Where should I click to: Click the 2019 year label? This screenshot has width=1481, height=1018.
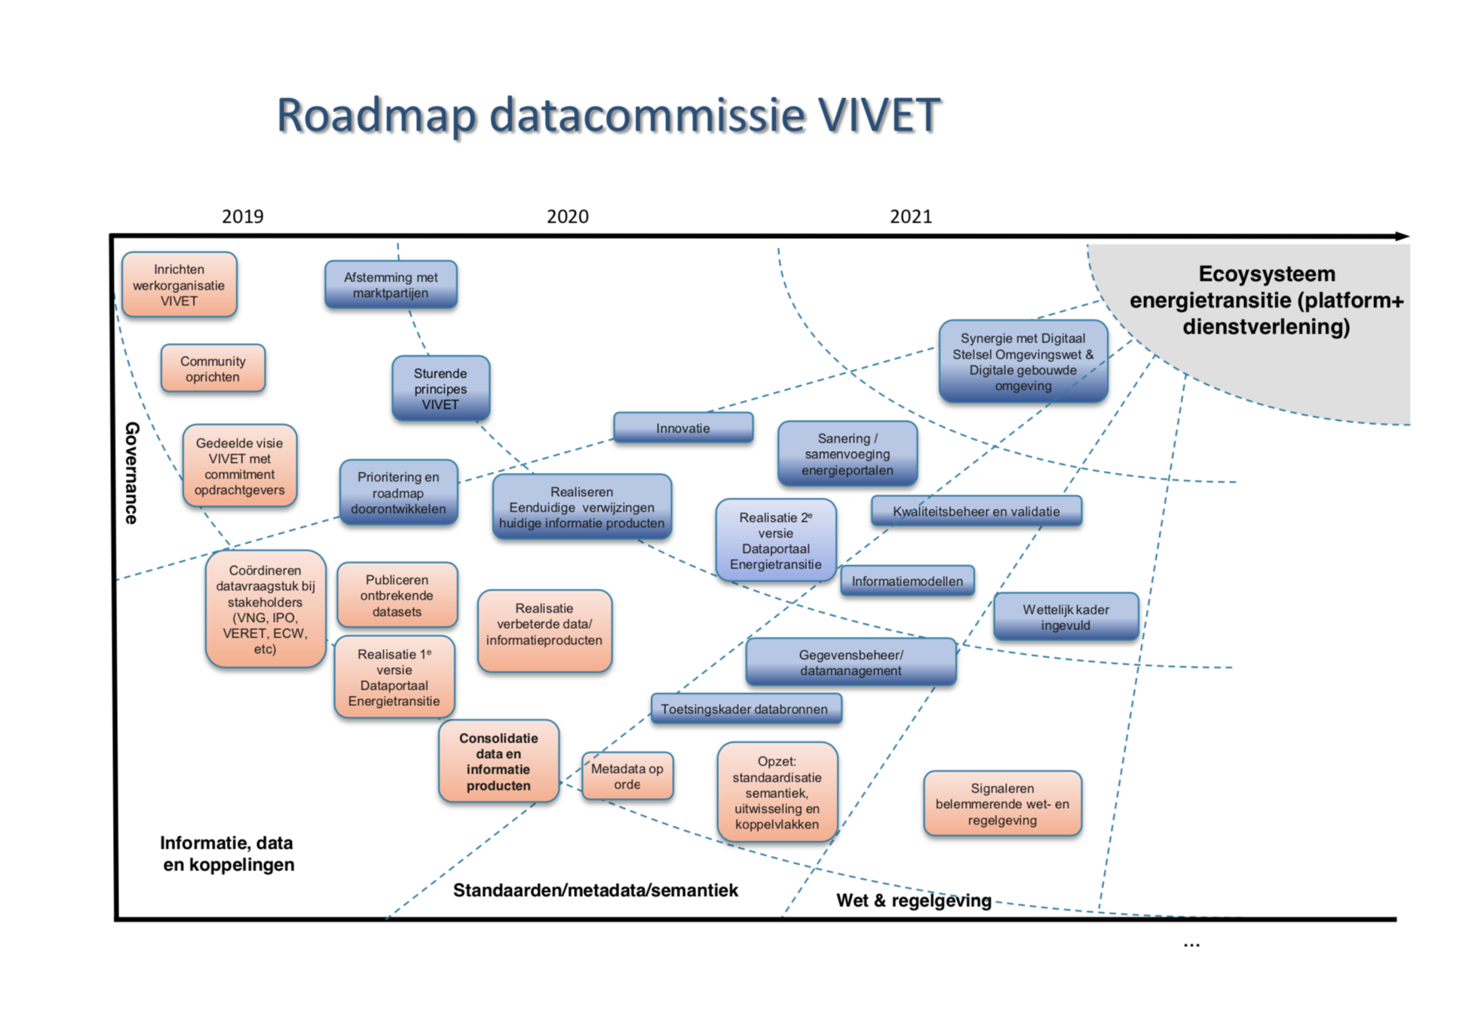click(x=242, y=216)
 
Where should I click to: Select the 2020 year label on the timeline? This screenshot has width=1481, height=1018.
click(x=567, y=216)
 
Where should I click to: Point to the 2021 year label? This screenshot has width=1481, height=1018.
click(x=910, y=216)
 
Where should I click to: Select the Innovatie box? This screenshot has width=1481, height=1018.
click(x=682, y=428)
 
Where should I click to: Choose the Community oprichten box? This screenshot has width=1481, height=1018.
click(x=213, y=369)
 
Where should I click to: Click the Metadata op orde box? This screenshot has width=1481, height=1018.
click(x=627, y=776)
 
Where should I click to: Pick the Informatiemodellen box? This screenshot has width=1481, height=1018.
click(x=906, y=581)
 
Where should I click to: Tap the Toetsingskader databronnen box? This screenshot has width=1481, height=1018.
click(x=745, y=709)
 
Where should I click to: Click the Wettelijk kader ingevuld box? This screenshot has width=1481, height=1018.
click(x=1065, y=617)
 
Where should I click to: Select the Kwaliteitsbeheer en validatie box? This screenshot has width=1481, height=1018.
click(x=976, y=511)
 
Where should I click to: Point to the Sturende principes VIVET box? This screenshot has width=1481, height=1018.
click(x=440, y=388)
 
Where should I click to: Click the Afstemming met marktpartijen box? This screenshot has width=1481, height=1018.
click(x=391, y=285)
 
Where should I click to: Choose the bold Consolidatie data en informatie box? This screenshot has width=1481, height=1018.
click(x=498, y=762)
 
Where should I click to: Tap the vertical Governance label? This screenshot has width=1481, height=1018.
click(x=132, y=473)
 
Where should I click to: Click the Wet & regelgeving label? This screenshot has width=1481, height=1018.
click(x=913, y=900)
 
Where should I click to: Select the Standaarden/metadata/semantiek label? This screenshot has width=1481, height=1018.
click(x=595, y=891)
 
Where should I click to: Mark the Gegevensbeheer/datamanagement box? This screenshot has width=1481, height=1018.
click(x=851, y=662)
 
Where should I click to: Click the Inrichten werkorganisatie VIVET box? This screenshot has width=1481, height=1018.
click(x=179, y=285)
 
